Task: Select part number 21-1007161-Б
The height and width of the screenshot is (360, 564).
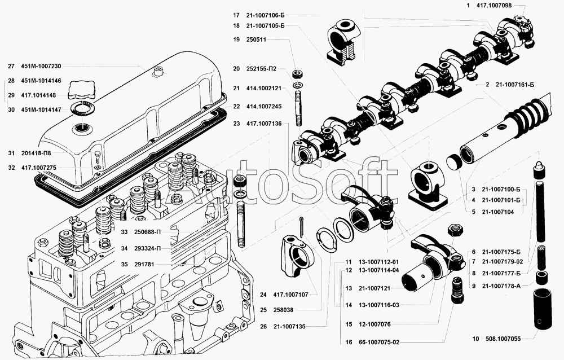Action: (514, 85)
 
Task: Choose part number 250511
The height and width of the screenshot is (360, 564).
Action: (256, 39)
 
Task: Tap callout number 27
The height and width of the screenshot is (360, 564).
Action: (11, 66)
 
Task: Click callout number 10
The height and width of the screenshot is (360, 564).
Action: (475, 339)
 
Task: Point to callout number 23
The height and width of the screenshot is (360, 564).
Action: (236, 123)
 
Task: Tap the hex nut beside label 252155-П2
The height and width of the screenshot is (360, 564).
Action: (297, 74)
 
